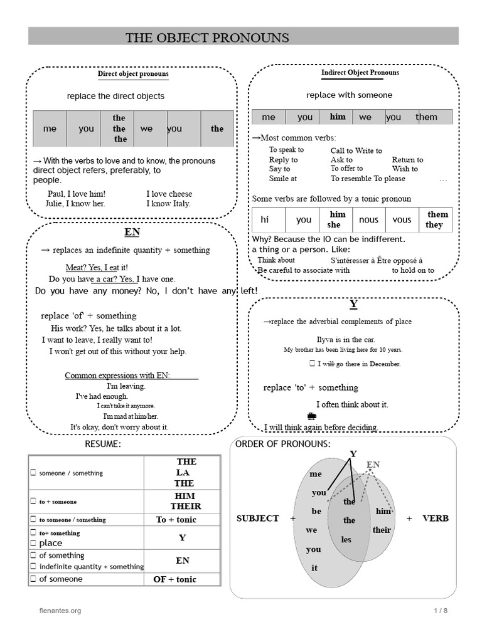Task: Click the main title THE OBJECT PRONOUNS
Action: pyautogui.click(x=207, y=38)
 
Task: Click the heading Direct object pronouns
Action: pyautogui.click(x=133, y=74)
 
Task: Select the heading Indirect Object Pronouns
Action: pyautogui.click(x=360, y=73)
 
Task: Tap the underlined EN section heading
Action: pyautogui.click(x=132, y=232)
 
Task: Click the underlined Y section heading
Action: pyautogui.click(x=353, y=305)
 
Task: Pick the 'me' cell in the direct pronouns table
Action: pyautogui.click(x=50, y=129)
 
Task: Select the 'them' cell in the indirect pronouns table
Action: pyautogui.click(x=427, y=117)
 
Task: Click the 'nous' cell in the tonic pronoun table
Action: pyautogui.click(x=368, y=220)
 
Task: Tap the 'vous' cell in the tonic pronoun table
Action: pyautogui.click(x=402, y=220)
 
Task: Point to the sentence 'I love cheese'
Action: pyautogui.click(x=169, y=194)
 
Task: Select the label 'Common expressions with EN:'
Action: pyautogui.click(x=118, y=376)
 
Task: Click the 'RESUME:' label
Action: pyautogui.click(x=103, y=445)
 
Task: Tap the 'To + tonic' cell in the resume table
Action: pyautogui.click(x=176, y=520)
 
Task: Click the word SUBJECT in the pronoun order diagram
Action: pyautogui.click(x=257, y=518)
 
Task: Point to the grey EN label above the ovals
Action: pyautogui.click(x=373, y=465)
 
